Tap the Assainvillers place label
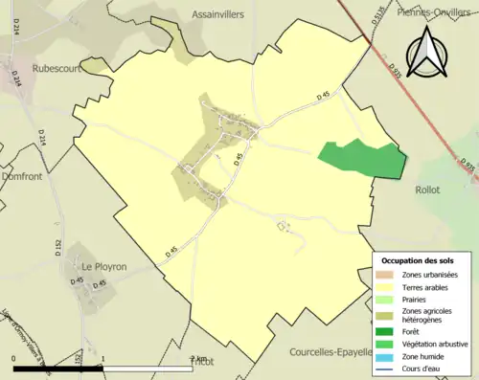pos(218,15)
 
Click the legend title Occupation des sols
pos(418,260)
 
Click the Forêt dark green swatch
pos(389,331)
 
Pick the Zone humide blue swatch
pos(389,356)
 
